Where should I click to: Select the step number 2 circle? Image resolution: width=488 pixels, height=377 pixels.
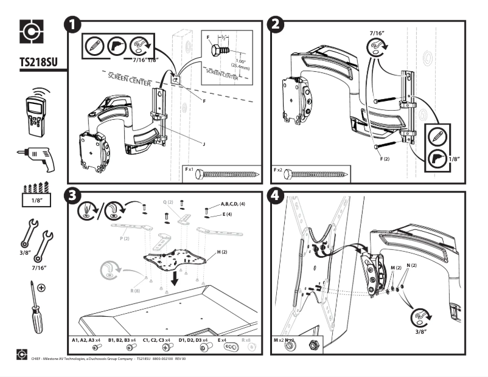(x=277, y=26)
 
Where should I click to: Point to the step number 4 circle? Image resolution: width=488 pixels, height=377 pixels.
(x=277, y=197)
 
